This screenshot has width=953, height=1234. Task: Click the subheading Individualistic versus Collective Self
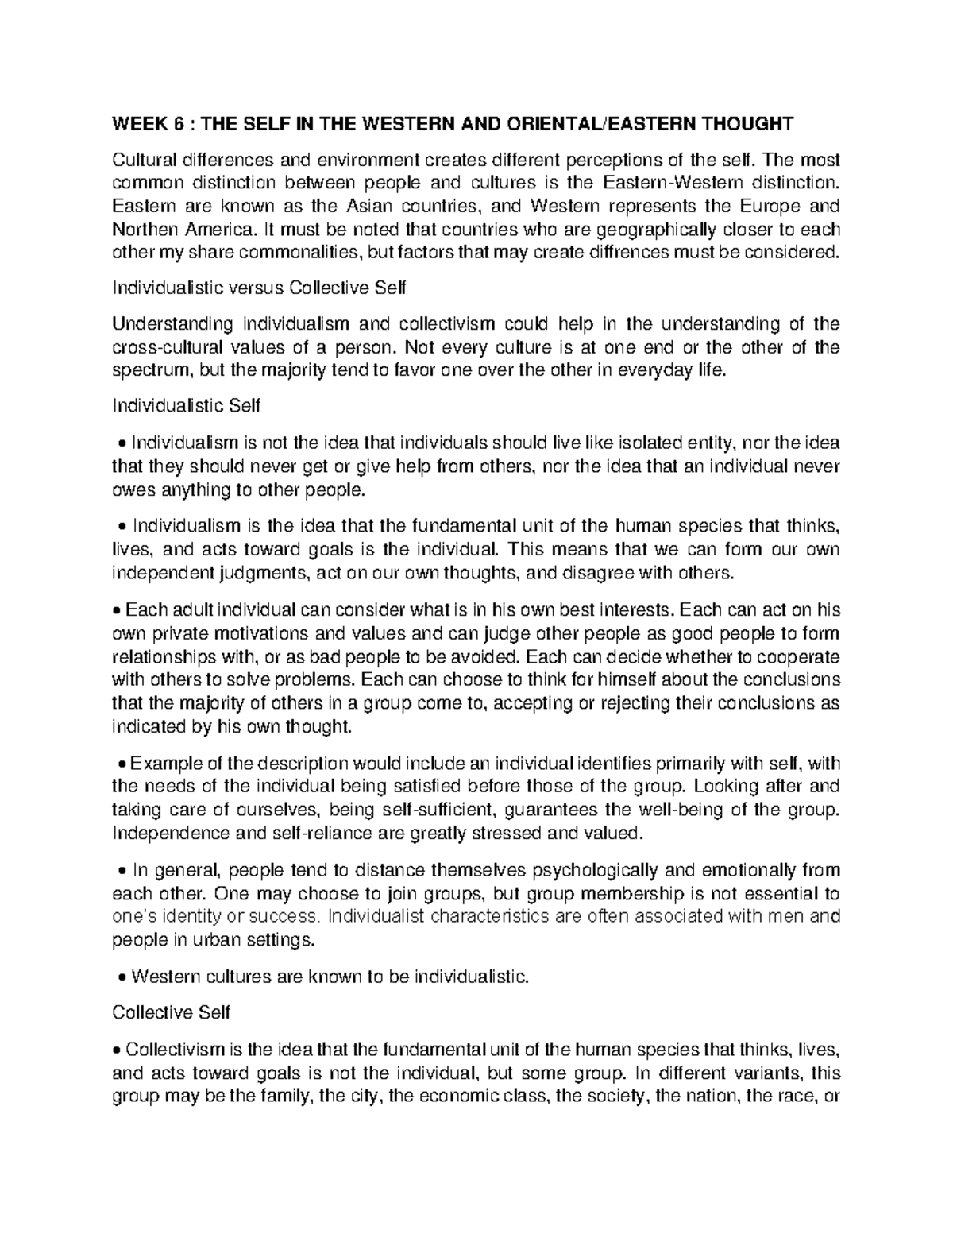pyautogui.click(x=259, y=288)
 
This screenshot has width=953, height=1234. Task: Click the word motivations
pyautogui.click(x=253, y=633)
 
